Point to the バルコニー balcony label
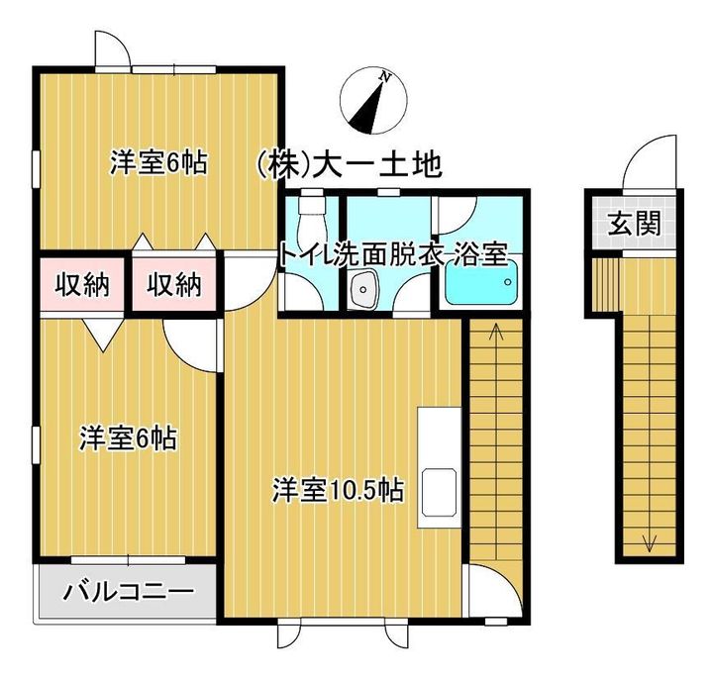tap(128, 594)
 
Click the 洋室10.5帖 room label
tap(337, 489)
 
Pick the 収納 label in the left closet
tap(81, 285)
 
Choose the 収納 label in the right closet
tap(175, 285)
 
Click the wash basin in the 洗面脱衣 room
tap(362, 293)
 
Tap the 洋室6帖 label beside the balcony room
tap(128, 437)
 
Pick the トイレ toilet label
tap(303, 253)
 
